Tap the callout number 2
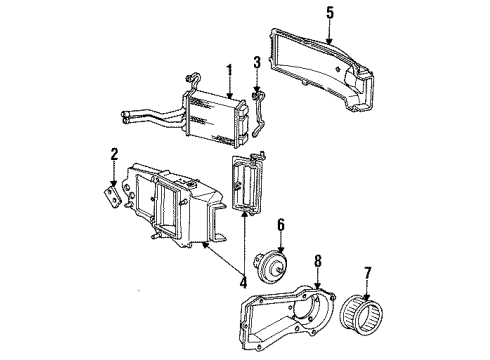click(x=115, y=155)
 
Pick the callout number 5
click(x=331, y=12)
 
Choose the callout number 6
click(x=281, y=224)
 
